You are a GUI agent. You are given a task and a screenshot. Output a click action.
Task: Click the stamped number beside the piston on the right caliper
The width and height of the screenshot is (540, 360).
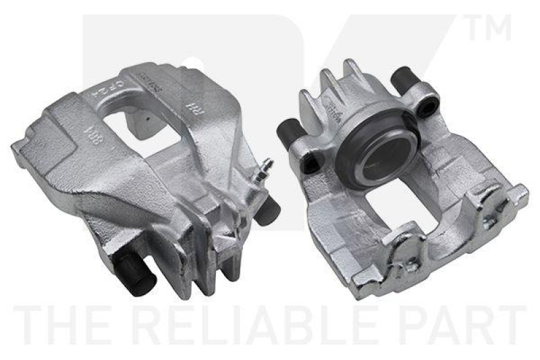point(333,108)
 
